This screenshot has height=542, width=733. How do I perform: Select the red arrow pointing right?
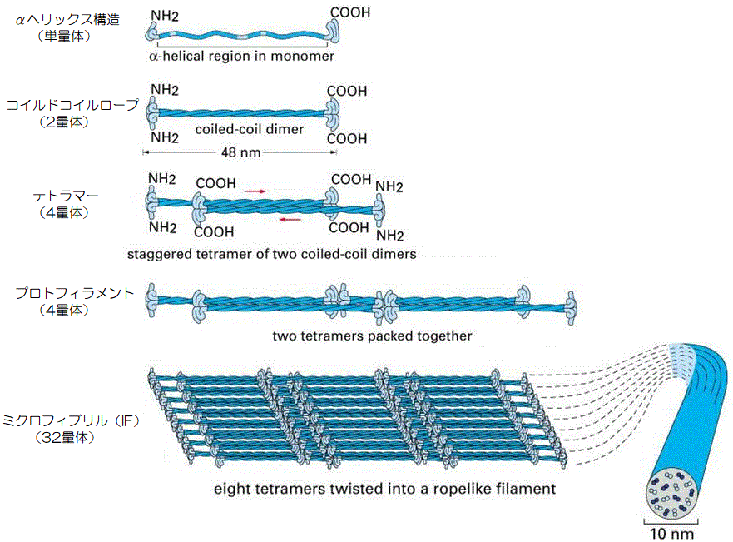click(x=255, y=191)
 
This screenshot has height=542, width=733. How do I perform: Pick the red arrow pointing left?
click(x=290, y=220)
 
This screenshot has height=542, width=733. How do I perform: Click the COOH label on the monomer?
click(x=350, y=13)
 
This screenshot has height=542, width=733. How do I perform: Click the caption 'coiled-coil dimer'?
click(x=250, y=129)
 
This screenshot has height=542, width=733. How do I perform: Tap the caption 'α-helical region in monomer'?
click(x=240, y=57)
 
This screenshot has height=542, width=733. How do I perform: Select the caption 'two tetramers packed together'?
click(x=372, y=336)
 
